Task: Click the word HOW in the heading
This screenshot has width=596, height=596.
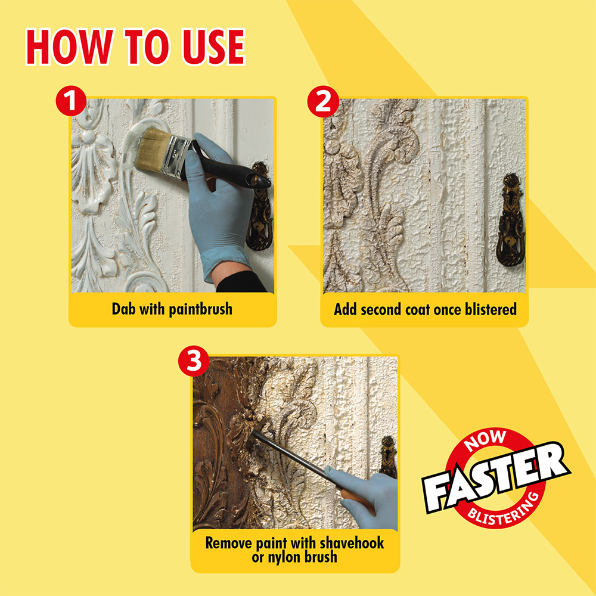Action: [x=70, y=46]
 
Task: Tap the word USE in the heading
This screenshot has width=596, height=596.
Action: [x=213, y=46]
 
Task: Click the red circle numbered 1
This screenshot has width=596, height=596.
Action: [x=71, y=101]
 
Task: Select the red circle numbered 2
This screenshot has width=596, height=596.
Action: [x=322, y=101]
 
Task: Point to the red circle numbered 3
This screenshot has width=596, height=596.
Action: [x=194, y=361]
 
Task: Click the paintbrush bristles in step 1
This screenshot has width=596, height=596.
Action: [x=151, y=148]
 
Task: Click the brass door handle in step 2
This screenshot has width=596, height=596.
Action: [x=511, y=220]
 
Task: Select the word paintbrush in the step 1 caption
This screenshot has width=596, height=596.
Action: [x=200, y=309]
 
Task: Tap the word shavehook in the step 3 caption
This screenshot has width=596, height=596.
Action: [x=352, y=543]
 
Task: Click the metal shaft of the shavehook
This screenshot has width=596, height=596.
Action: [x=289, y=454]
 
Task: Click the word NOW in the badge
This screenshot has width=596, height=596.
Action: [x=485, y=440]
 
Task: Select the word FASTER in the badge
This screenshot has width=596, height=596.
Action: [x=496, y=477]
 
